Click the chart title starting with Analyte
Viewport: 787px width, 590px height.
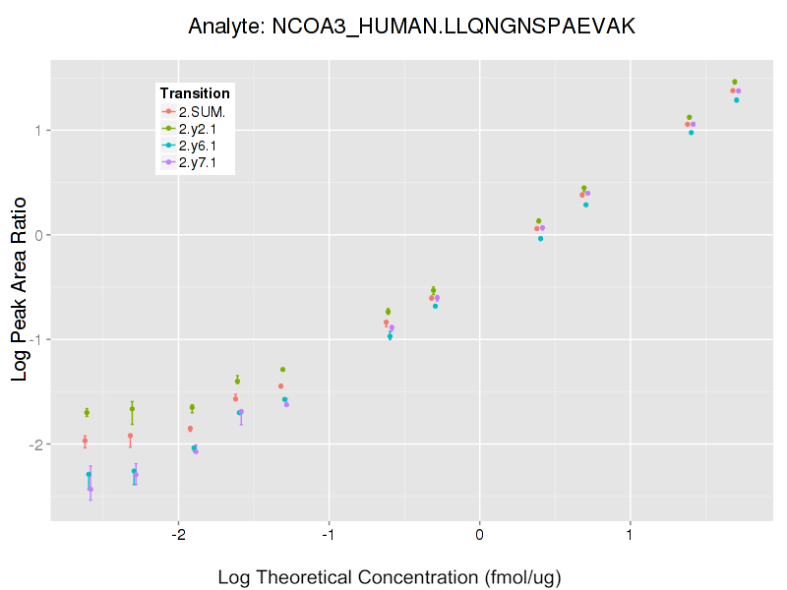[412, 27]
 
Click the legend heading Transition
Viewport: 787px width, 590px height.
[195, 93]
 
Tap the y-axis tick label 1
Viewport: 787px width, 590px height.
[36, 131]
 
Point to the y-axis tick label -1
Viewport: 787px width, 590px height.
[33, 340]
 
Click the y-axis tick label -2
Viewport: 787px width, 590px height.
[33, 444]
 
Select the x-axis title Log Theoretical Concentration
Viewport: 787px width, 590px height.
[390, 577]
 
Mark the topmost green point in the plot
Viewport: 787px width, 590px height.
[735, 82]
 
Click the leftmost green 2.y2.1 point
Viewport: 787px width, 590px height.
[87, 412]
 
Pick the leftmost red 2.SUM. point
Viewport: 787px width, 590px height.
[85, 442]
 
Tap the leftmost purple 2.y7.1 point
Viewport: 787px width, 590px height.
[91, 489]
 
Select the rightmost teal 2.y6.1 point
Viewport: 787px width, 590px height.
[737, 100]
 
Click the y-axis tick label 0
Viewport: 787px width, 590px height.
[36, 235]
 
